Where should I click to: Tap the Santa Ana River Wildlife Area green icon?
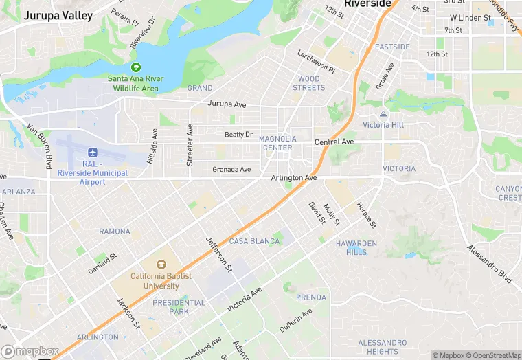(x=135, y=67)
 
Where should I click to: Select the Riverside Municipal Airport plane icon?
(x=92, y=152)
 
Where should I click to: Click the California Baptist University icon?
(x=161, y=265)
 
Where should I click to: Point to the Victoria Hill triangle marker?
(x=383, y=114)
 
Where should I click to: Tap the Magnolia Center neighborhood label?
(x=277, y=143)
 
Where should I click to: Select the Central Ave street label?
(x=334, y=142)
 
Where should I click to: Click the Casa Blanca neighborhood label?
(x=254, y=241)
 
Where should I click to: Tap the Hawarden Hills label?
(x=356, y=247)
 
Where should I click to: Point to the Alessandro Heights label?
(x=383, y=347)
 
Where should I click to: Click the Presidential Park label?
(x=179, y=307)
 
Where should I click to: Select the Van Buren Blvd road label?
(x=40, y=146)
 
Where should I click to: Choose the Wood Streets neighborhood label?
(x=308, y=83)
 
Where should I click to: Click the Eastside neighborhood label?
(x=392, y=47)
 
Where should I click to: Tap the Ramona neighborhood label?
(x=115, y=232)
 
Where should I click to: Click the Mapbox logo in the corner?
(x=30, y=351)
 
